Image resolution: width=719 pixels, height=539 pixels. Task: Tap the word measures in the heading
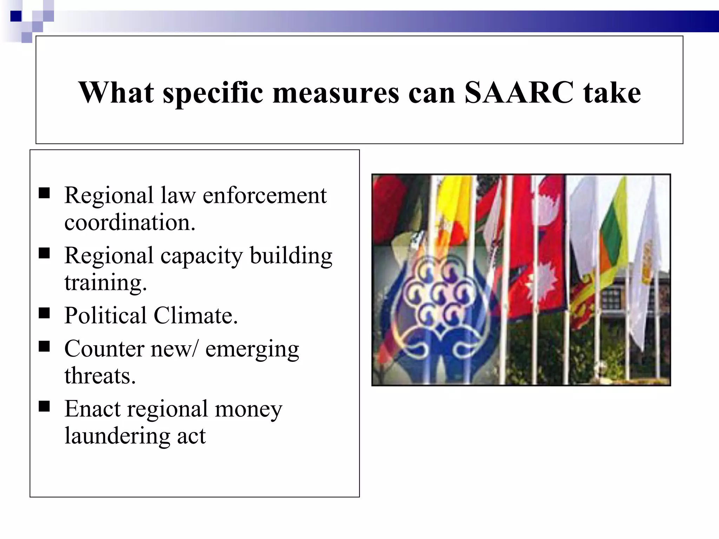pos(336,93)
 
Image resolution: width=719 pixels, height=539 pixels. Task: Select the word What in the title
pos(116,93)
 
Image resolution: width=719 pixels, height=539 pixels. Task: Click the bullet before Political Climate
pos(44,312)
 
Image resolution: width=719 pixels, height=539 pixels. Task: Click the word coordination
pos(130,222)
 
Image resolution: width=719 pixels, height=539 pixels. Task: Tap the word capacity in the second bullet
pos(202,256)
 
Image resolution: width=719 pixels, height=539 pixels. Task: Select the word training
pos(105,283)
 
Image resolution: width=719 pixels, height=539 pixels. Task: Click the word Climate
pos(196,315)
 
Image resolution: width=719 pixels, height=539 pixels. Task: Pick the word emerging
pos(252,350)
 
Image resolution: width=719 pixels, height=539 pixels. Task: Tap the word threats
pos(100,376)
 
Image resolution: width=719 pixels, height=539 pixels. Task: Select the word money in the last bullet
pos(248,409)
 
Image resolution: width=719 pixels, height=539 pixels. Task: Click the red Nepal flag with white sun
pos(548,246)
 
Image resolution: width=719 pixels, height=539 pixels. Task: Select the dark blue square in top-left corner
pos(16,16)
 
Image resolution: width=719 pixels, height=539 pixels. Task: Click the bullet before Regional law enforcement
pos(44,193)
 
